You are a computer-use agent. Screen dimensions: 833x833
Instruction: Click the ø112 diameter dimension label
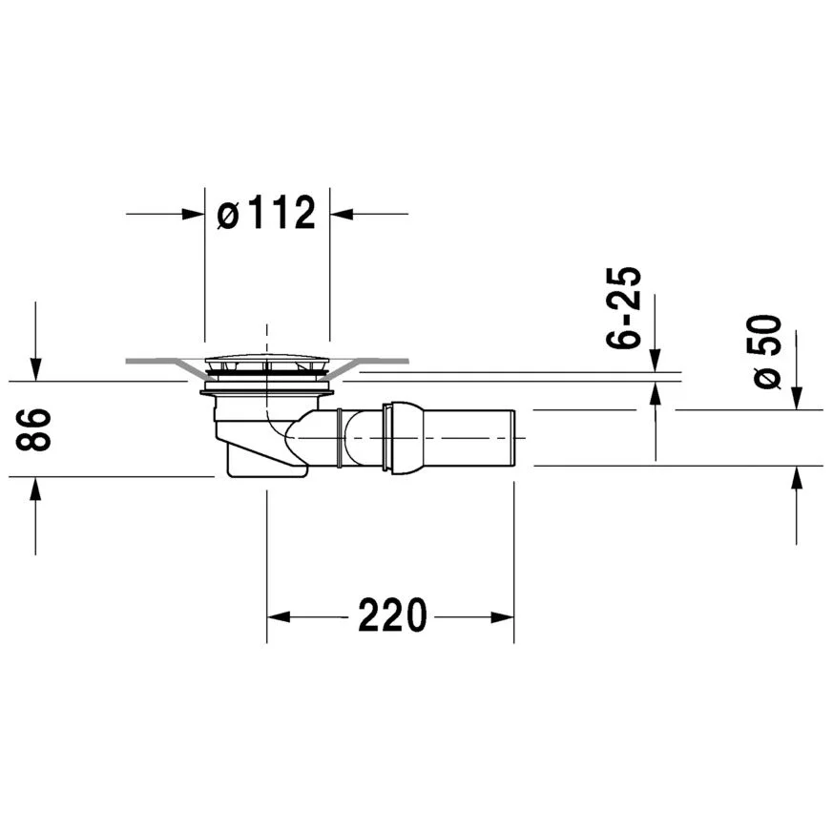pyautogui.click(x=266, y=213)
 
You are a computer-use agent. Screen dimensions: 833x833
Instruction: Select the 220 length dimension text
pyautogui.click(x=392, y=615)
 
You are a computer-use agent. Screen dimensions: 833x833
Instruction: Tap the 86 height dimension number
pyautogui.click(x=33, y=429)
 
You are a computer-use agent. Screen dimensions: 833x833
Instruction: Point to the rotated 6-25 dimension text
pyautogui.click(x=624, y=307)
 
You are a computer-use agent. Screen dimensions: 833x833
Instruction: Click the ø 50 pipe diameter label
pyautogui.click(x=764, y=352)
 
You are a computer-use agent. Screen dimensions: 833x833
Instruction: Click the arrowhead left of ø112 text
pyautogui.click(x=193, y=214)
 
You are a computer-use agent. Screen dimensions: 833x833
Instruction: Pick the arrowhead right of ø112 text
pyautogui.click(x=342, y=214)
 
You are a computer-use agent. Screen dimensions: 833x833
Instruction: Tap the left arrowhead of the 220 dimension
pyautogui.click(x=279, y=617)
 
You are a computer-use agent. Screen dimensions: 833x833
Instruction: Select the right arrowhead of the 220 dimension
pyautogui.click(x=502, y=617)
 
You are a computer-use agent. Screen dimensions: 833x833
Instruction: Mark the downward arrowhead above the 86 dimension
pyautogui.click(x=35, y=369)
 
